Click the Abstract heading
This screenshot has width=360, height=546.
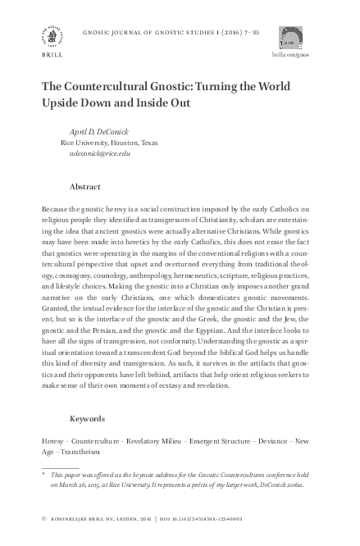point(86,187)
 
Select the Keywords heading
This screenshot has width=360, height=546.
point(88,418)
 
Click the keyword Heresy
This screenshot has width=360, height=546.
point(52,440)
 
